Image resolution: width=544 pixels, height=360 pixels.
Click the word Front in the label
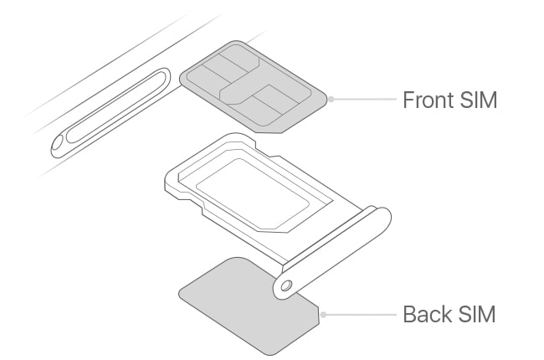(x=429, y=100)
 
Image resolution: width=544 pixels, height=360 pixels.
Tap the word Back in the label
(x=426, y=316)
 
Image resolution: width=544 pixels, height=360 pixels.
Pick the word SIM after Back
(x=476, y=316)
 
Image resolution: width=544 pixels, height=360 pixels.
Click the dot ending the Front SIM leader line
(x=331, y=99)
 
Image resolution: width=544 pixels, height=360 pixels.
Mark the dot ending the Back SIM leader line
(x=323, y=315)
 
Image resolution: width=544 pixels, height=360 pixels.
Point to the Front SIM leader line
(x=364, y=99)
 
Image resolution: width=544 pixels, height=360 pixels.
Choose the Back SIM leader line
(x=360, y=315)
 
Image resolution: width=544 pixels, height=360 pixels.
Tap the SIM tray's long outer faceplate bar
(x=335, y=243)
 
